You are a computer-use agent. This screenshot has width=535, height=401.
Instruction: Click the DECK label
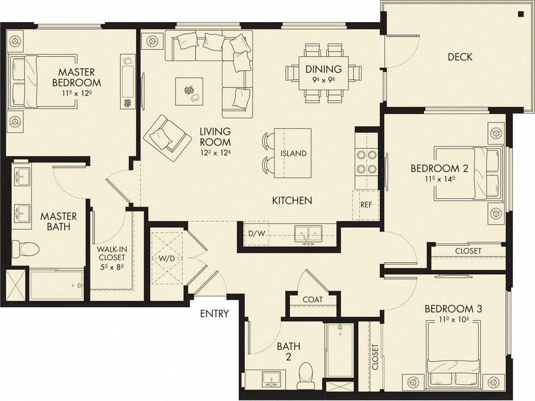pyautogui.click(x=460, y=57)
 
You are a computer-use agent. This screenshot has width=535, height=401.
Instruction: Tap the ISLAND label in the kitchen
pyautogui.click(x=293, y=153)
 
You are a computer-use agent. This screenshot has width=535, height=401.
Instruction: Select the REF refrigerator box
pyautogui.click(x=366, y=205)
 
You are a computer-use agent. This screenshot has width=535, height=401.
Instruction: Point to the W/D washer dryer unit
pyautogui.click(x=166, y=259)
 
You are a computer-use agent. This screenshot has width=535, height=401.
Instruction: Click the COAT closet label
pyautogui.click(x=312, y=300)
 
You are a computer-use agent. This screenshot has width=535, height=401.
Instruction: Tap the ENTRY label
pyautogui.click(x=215, y=314)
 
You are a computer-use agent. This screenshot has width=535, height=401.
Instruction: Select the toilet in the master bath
pyautogui.click(x=26, y=248)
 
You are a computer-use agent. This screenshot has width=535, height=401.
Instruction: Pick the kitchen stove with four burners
pyautogui.click(x=366, y=161)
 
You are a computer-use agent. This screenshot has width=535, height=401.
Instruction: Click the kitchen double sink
pyautogui.click(x=307, y=234)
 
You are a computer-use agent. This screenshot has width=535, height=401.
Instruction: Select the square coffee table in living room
pyautogui.click(x=189, y=91)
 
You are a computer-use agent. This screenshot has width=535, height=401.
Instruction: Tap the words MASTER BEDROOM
pyautogui.click(x=76, y=77)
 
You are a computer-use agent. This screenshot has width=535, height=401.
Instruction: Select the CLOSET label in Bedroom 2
pyautogui.click(x=468, y=251)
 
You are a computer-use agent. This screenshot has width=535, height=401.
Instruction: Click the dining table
pyautogui.click(x=324, y=72)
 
